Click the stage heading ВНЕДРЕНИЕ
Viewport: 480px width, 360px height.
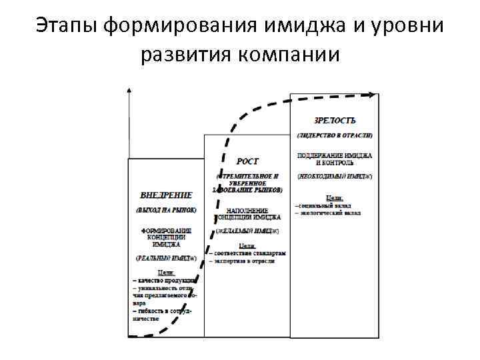[x=166, y=195]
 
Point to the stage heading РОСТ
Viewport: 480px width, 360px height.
[x=247, y=161]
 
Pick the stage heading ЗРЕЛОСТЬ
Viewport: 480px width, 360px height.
[x=335, y=121]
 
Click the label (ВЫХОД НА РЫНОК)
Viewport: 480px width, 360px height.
[x=166, y=210]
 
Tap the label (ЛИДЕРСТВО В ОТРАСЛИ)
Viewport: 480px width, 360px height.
[x=335, y=135]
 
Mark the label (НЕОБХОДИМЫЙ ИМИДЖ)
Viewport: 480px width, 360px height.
[x=335, y=176]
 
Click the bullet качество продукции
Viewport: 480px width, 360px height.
[x=165, y=281]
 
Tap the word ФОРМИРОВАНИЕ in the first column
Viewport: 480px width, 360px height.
[x=166, y=231]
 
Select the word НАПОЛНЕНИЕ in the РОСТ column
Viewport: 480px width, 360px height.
[x=247, y=209]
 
